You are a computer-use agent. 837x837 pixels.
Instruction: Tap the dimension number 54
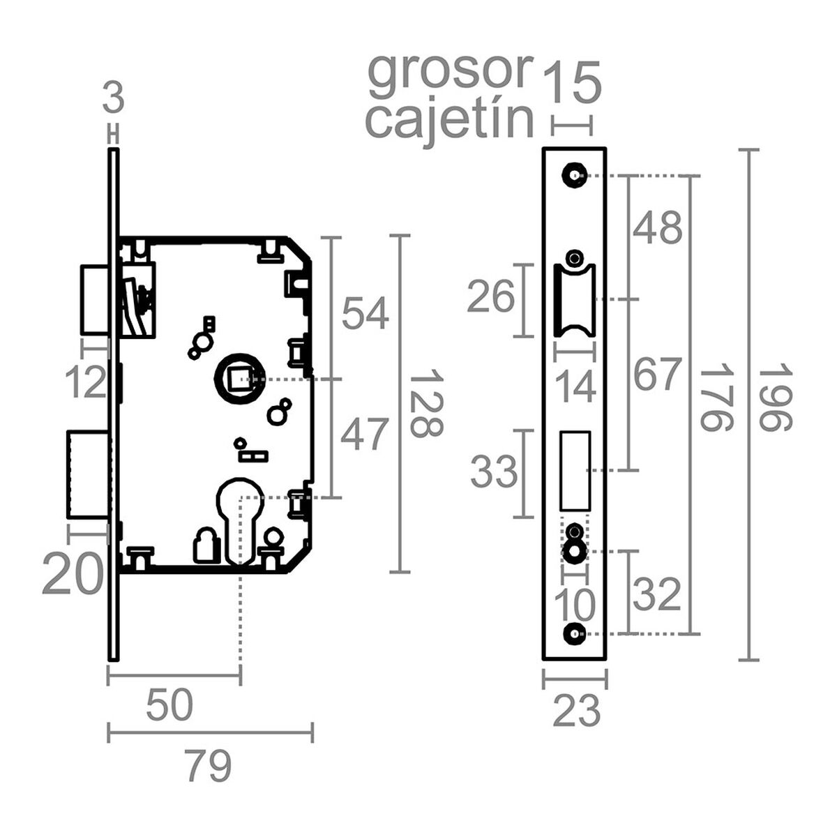365,313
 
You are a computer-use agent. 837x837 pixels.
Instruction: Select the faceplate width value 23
576,711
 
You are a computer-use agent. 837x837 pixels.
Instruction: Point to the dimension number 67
656,375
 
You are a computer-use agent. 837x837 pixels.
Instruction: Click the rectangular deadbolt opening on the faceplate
575,471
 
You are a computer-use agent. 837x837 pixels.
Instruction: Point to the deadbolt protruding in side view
87,475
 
